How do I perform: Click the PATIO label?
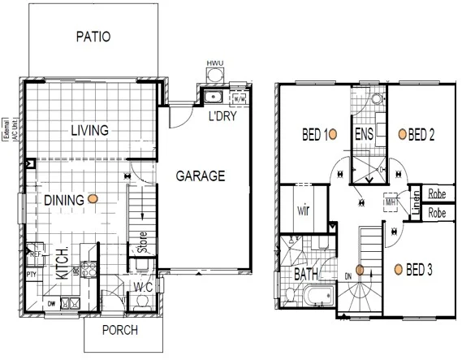click(93, 37)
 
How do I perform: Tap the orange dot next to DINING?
click(94, 197)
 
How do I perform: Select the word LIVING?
click(89, 131)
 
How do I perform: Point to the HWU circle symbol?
click(214, 76)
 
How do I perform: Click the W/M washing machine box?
click(240, 99)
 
